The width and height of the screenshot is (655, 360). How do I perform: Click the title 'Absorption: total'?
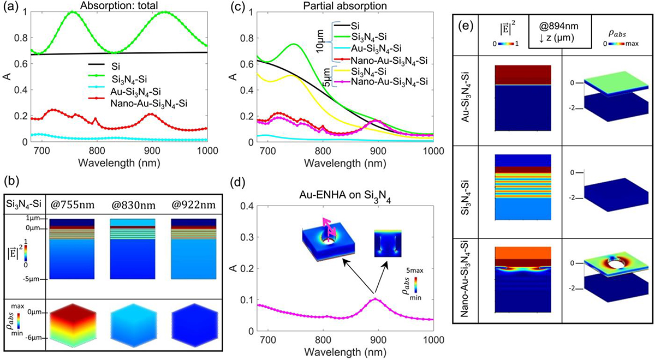pos(119,5)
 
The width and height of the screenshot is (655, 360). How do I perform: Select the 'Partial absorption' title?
pos(345,5)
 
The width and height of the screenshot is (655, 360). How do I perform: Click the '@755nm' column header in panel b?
pos(73,205)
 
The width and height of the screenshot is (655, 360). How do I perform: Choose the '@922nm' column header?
pos(193,205)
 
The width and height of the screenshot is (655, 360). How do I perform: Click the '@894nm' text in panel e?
pos(559,26)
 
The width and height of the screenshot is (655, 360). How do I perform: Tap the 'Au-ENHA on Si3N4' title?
pos(345,196)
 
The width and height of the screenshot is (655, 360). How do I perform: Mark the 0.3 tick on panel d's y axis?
pos(246,237)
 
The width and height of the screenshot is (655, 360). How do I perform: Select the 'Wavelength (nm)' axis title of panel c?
pos(345,163)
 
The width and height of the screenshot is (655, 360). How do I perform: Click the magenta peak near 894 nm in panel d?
pos(375,299)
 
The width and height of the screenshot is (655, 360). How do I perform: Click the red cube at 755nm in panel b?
pos(73,325)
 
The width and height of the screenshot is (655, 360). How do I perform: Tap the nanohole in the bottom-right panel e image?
pos(612,265)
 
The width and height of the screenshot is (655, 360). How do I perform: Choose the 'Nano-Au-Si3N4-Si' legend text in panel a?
pos(149,104)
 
